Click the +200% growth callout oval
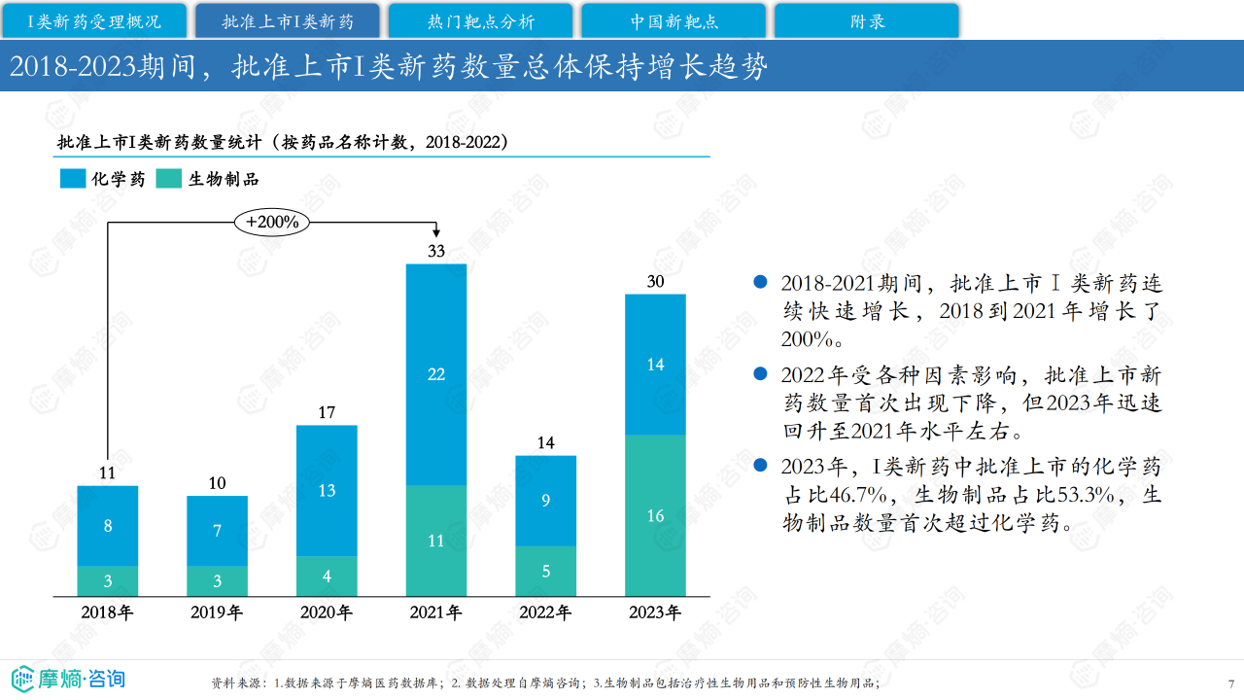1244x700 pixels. [x=272, y=222]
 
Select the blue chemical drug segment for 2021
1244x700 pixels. [x=435, y=374]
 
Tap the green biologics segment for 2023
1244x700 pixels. [x=655, y=515]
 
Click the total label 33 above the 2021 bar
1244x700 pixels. [x=435, y=252]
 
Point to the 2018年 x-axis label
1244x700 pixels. [x=108, y=612]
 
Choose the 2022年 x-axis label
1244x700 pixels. [x=545, y=612]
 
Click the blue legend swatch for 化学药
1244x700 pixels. [x=72, y=179]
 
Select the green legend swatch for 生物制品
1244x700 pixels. [x=168, y=179]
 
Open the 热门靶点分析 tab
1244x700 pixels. [x=480, y=21]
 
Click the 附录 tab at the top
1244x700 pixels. [x=867, y=21]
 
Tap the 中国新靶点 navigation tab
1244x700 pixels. [x=674, y=21]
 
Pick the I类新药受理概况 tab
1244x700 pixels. [x=93, y=21]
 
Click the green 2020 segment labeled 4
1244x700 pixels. [x=327, y=576]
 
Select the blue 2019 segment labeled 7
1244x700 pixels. [x=217, y=531]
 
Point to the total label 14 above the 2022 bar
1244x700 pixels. [x=545, y=443]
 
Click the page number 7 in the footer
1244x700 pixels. [x=1230, y=682]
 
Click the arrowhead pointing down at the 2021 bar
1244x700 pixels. [x=436, y=233]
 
